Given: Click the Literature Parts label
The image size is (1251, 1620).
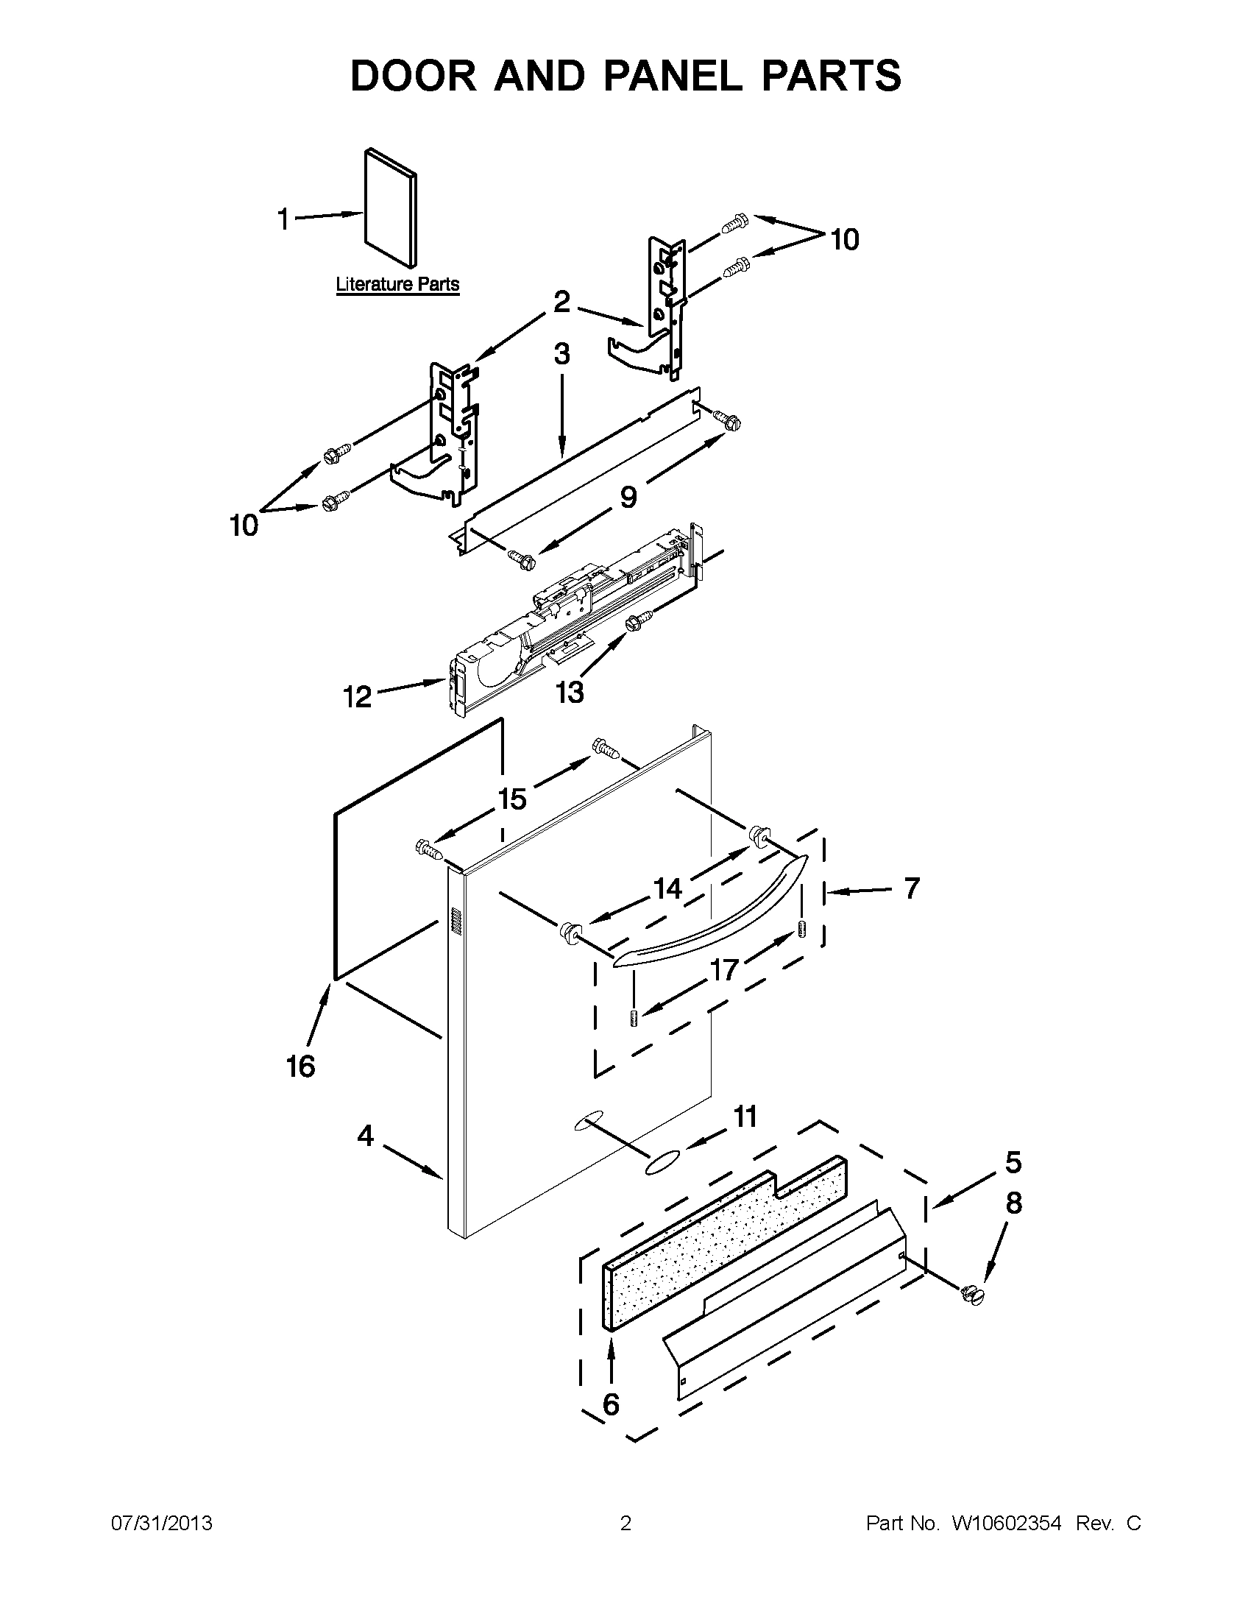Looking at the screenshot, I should (x=397, y=284).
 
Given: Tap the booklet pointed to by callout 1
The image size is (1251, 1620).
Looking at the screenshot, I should (x=391, y=207).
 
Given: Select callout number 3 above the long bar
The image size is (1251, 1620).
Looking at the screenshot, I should (x=561, y=355).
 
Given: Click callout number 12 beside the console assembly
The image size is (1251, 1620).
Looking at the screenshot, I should (x=358, y=696).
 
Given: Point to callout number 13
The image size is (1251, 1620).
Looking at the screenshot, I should (x=570, y=692).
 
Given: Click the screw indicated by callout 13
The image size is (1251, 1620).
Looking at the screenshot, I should (x=639, y=620).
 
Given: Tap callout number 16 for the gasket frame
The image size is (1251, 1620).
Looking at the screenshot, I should (x=301, y=1067).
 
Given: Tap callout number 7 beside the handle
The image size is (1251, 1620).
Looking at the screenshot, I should (x=911, y=888).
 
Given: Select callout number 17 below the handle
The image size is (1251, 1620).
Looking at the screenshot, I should (x=724, y=969).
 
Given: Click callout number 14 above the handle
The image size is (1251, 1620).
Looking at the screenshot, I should (x=667, y=888).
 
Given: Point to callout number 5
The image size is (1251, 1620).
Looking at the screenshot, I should (x=1013, y=1162).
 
